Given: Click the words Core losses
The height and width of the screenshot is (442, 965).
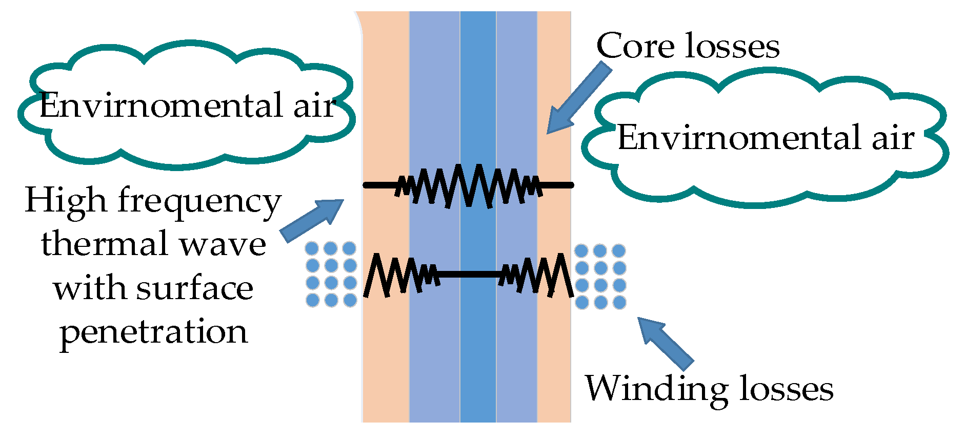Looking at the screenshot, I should click(x=687, y=46).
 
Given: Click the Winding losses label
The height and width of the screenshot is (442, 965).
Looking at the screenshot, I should click(x=709, y=389).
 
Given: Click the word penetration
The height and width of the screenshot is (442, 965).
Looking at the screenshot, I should click(x=154, y=332).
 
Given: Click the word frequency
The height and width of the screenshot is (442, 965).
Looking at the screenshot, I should click(x=200, y=201).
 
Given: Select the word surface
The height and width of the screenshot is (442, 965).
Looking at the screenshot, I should click(x=195, y=288).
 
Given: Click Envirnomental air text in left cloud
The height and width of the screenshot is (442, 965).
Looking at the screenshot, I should click(x=187, y=106).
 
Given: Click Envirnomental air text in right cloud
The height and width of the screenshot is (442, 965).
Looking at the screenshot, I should click(x=766, y=138).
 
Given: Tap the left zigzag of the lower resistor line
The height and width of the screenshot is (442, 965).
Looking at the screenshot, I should click(x=400, y=275).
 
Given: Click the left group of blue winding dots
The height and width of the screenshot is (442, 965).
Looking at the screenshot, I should click(x=331, y=275).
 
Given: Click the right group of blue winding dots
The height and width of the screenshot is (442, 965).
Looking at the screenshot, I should click(x=600, y=276).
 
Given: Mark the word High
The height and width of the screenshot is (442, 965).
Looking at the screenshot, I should click(x=66, y=201).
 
